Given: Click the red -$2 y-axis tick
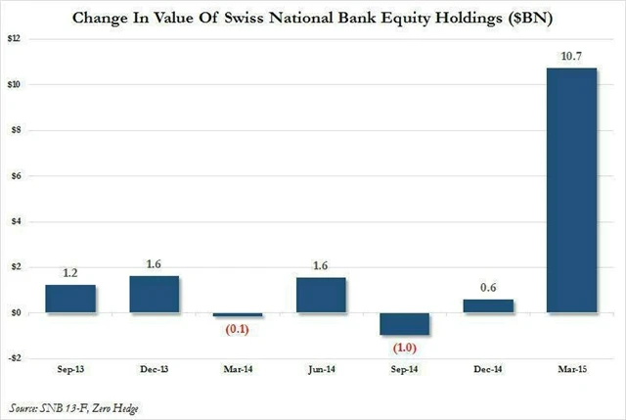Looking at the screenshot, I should [x=16, y=358].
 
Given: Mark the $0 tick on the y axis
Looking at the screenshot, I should [x=17, y=313].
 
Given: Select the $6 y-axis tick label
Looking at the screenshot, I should [x=17, y=176].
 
